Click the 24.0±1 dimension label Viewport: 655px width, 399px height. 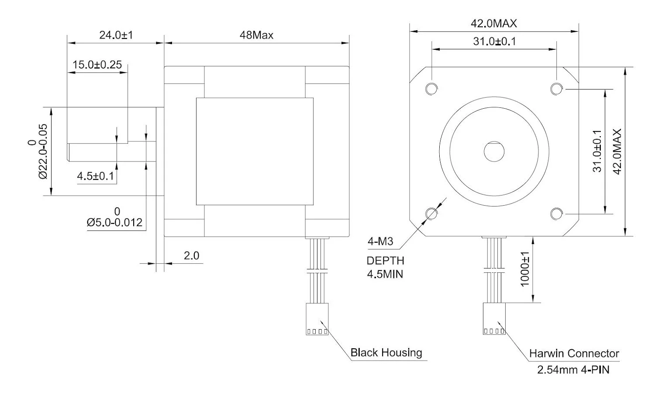115,35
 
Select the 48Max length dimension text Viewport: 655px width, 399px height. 256,35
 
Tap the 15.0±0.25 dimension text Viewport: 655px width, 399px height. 97,65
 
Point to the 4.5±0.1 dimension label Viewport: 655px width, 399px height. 95,176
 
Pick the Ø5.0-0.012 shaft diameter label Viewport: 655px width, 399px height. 115,222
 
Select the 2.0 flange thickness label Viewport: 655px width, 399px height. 191,255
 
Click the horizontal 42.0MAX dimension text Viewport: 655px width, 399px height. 493,24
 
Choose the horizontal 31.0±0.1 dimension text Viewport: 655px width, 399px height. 494,41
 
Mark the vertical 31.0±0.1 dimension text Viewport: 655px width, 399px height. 597,151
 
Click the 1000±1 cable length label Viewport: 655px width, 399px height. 525,269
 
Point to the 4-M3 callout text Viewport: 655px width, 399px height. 380,241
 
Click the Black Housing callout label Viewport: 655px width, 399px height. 386,352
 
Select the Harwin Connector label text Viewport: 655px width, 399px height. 574,353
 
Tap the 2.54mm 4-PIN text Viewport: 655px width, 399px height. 573,370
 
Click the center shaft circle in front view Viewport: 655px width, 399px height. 494,151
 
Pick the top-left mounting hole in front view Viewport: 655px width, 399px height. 431,89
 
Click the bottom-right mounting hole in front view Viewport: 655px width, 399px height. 556,214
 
